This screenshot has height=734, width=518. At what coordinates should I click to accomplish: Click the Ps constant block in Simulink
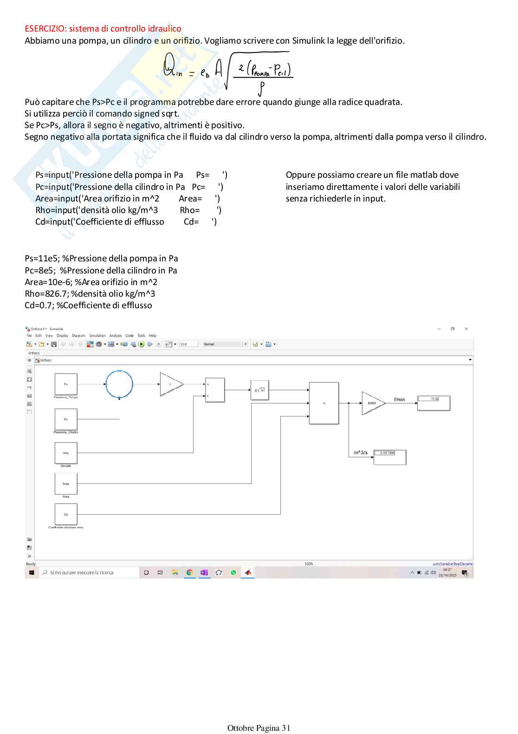pos(66,384)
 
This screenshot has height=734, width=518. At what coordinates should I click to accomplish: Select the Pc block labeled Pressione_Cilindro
pos(66,419)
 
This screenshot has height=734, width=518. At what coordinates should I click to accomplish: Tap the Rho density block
pos(66,453)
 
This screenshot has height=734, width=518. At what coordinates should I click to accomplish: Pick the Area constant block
pos(66,484)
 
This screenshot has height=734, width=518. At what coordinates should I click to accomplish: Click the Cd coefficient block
pos(66,514)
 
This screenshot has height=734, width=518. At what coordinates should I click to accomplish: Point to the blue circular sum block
pos(119,384)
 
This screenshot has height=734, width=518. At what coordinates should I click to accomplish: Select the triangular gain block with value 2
pos(170,384)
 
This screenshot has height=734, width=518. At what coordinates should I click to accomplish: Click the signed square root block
pos(259,390)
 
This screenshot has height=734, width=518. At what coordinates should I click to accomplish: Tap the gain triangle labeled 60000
pos(372,403)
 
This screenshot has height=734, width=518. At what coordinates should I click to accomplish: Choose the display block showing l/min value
pos(434,403)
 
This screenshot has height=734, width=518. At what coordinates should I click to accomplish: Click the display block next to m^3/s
pos(390,457)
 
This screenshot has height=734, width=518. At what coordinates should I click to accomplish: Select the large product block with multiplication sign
pos(324,403)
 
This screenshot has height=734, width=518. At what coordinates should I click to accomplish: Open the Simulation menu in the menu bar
pos(97,336)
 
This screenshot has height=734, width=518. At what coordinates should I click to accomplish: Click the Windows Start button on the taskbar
pos(32,572)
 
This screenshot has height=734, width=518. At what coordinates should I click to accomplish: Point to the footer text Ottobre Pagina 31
pos(259,728)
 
